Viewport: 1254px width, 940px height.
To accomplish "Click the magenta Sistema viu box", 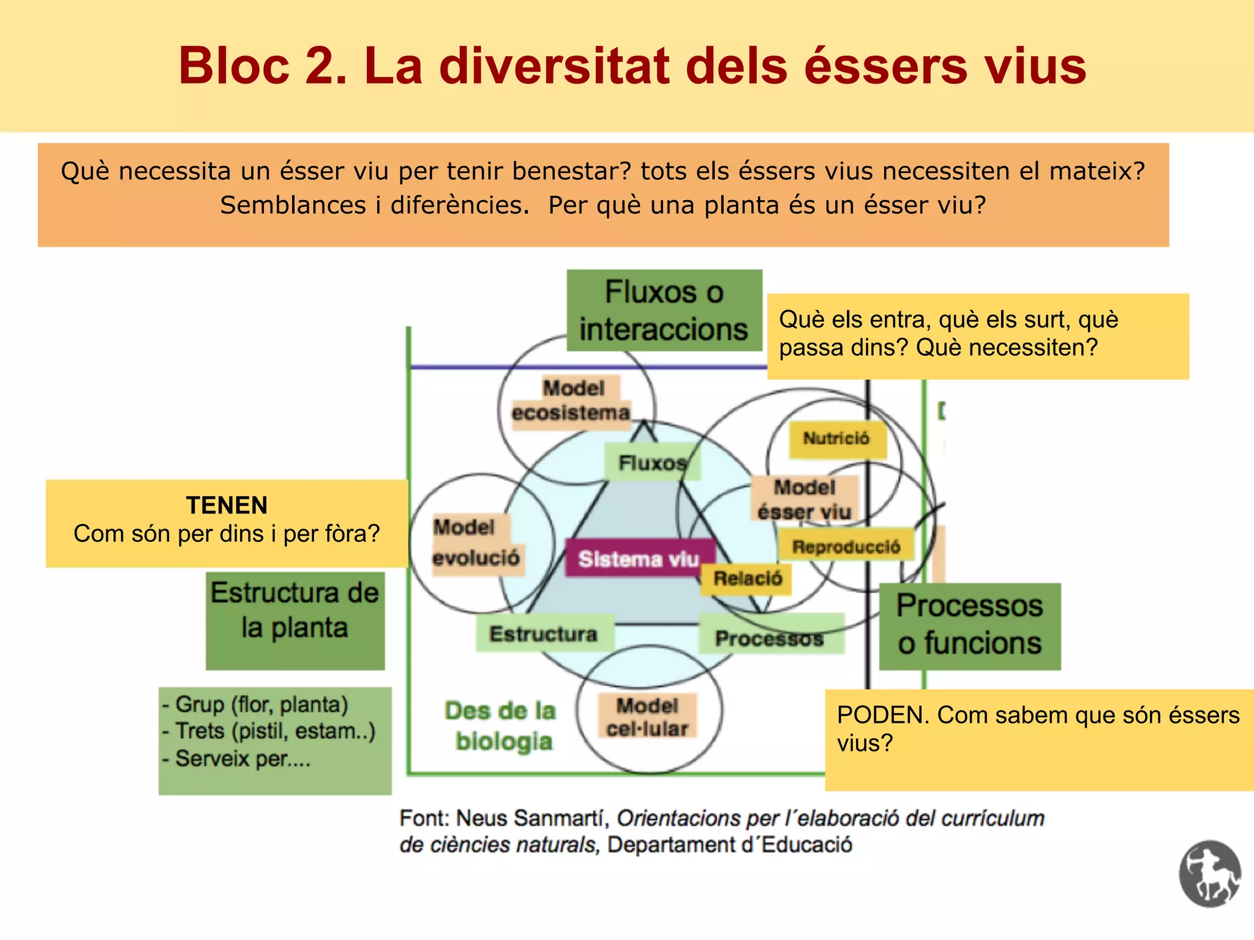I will (x=639, y=558).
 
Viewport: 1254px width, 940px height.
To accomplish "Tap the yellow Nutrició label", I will (x=836, y=439).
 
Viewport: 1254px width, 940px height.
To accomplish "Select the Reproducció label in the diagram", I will (x=846, y=546).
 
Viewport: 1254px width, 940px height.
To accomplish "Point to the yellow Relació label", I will (x=748, y=578).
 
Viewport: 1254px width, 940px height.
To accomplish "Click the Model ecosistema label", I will (x=571, y=401).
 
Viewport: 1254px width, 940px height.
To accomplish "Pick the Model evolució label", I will (x=476, y=543).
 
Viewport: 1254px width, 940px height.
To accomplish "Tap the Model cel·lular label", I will (x=647, y=717).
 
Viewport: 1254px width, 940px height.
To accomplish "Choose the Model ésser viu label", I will (x=805, y=499).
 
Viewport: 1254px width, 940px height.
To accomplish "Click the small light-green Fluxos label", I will (x=651, y=463).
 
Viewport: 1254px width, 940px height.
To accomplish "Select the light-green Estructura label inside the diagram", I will (x=544, y=634).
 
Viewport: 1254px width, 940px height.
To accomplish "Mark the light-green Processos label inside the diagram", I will (x=770, y=637).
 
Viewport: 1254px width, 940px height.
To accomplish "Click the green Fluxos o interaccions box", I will (x=664, y=310).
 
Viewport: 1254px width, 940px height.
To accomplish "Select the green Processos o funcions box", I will (x=969, y=625).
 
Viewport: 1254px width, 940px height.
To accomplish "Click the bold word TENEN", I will (x=227, y=505).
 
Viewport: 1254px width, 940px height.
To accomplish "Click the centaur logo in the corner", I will (x=1209, y=873).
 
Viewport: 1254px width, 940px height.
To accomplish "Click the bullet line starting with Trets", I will (x=269, y=731).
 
